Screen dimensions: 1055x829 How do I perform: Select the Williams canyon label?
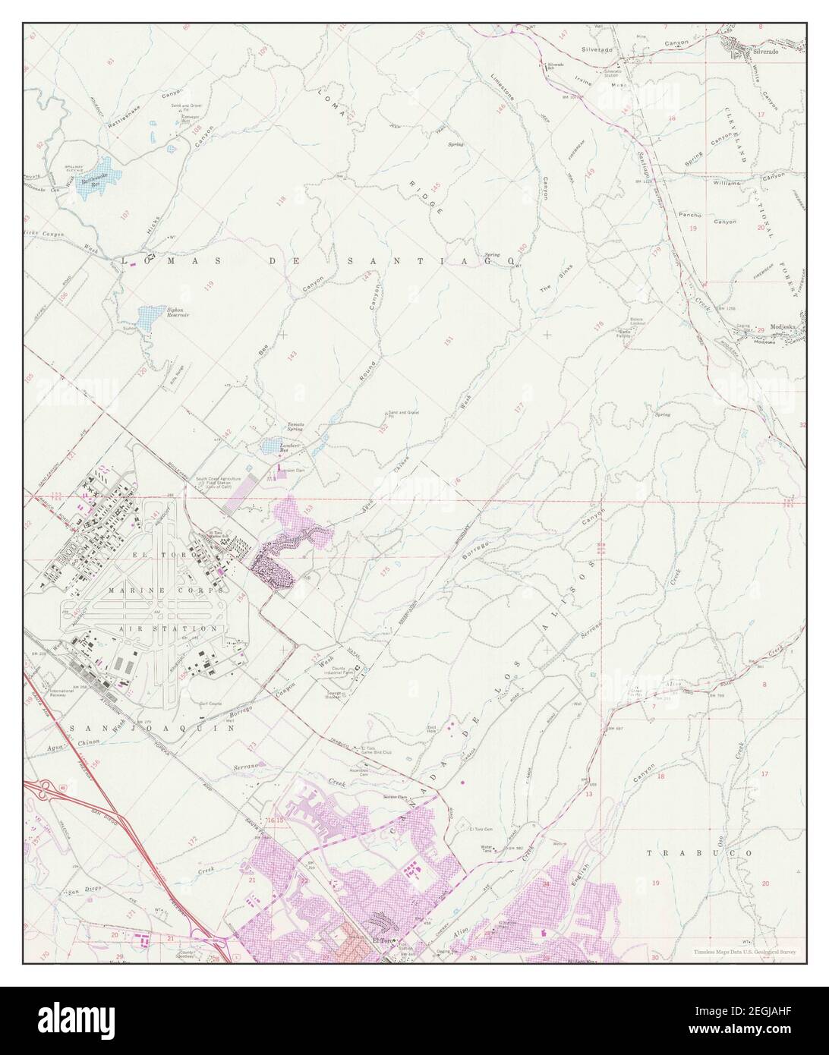pyautogui.click(x=726, y=183)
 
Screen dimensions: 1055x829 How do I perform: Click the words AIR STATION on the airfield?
pyautogui.click(x=168, y=629)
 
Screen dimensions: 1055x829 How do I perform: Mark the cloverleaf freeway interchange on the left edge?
pyautogui.click(x=43, y=790)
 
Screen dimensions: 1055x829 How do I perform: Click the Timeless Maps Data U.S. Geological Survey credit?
pyautogui.click(x=744, y=952)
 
